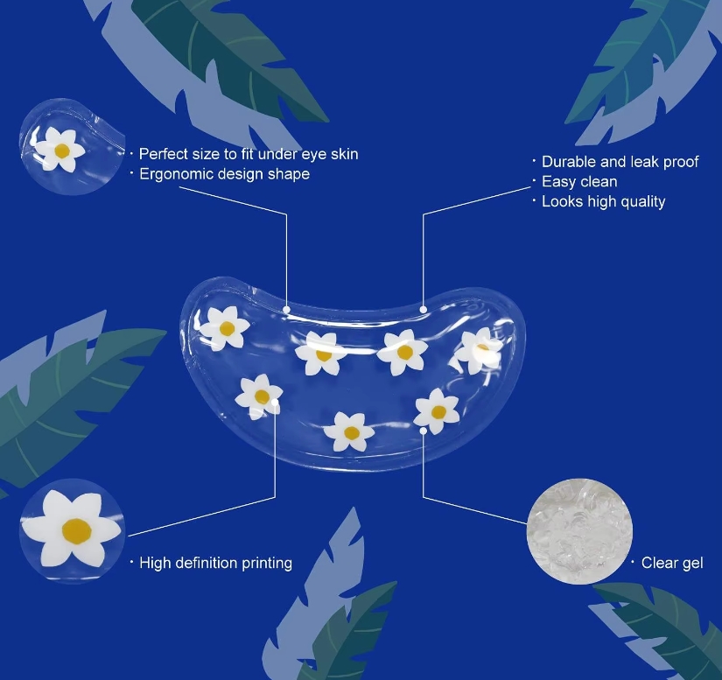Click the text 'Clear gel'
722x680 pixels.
(672, 563)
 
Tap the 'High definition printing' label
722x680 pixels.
(215, 563)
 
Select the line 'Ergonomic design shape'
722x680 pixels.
(224, 174)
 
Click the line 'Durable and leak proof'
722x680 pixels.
(620, 162)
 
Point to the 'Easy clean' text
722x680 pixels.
(579, 182)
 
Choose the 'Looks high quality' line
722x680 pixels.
(603, 202)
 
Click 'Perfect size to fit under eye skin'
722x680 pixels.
(249, 154)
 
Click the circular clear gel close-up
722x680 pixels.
(579, 531)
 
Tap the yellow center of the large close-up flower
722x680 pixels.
(77, 529)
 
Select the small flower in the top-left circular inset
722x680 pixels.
(61, 150)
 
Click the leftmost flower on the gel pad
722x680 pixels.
(226, 328)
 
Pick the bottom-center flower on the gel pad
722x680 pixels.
(350, 431)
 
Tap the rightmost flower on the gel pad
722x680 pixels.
(479, 349)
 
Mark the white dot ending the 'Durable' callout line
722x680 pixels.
(424, 308)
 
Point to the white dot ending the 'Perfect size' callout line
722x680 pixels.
(288, 309)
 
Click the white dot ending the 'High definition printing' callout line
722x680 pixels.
(276, 405)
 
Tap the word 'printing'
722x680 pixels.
(263, 563)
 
